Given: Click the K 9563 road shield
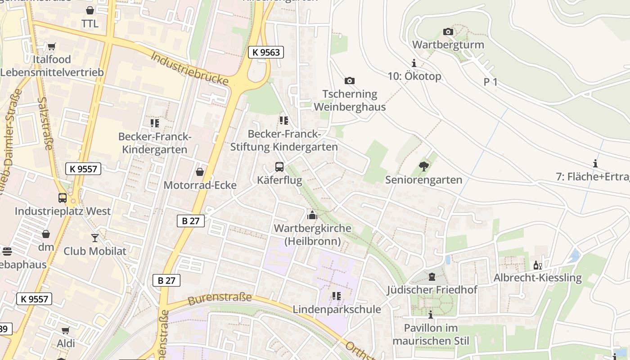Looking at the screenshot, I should pos(266,52).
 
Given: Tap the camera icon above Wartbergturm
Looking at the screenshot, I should pos(448,31).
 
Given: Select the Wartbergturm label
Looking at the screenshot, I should pos(448,45).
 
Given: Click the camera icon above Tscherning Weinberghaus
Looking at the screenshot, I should pos(350,81).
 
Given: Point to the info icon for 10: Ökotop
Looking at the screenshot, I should pos(414,63).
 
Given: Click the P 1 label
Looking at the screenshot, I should pos(490,82).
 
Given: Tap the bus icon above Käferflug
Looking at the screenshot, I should pos(279,167).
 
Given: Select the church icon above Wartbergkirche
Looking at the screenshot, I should pos(312,215).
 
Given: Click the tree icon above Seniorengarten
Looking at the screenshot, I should pos(423,166).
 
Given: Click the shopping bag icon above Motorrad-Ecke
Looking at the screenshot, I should pos(200,172).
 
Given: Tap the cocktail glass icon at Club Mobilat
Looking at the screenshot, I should pos(95,238).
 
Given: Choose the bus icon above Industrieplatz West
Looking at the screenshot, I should pos(63,198).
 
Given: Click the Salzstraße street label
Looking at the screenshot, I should pos(45,123).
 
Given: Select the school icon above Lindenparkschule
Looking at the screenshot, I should pos(337,296).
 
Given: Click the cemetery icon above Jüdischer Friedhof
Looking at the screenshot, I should pos(432,276).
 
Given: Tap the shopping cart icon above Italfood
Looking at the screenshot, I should pos(52,46).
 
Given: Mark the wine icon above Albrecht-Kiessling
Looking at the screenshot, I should pos(537,265).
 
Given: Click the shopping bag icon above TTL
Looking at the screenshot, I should pos(90,10).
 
